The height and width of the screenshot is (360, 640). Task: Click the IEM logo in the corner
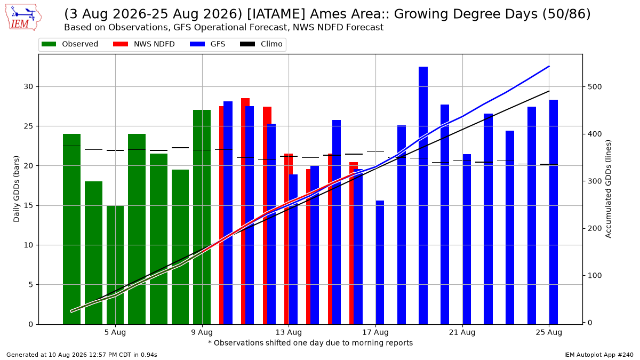click(23, 17)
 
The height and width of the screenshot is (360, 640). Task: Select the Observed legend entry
click(70, 44)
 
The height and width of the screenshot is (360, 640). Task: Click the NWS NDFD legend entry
click(143, 44)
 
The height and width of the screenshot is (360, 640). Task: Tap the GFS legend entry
click(207, 44)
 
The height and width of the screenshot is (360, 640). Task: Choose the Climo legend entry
click(261, 44)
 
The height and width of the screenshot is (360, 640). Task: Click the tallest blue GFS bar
click(423, 195)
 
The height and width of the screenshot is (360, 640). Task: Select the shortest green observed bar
click(115, 265)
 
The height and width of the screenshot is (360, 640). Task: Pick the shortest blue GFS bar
click(380, 262)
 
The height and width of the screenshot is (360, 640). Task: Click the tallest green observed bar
click(202, 217)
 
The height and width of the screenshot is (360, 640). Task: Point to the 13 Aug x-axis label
click(289, 332)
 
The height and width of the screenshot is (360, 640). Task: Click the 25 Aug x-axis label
click(549, 332)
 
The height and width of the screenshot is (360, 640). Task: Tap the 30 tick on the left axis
click(28, 86)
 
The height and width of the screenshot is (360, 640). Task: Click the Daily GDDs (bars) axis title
click(17, 189)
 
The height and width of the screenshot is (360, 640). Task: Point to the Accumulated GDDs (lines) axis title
click(608, 189)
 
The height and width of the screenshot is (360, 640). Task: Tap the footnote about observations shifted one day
click(310, 343)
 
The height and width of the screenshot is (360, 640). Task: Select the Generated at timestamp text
click(82, 355)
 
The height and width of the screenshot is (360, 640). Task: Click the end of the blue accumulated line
click(549, 66)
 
